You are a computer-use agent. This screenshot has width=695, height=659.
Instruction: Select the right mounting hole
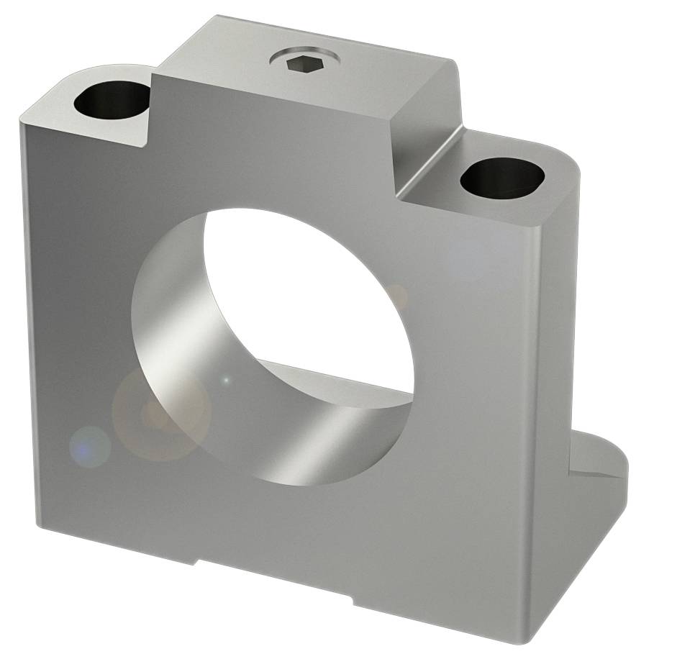click(501, 178)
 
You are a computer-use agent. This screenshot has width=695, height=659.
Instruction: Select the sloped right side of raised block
click(428, 137)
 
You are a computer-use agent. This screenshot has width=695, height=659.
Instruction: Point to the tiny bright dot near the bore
click(226, 379)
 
